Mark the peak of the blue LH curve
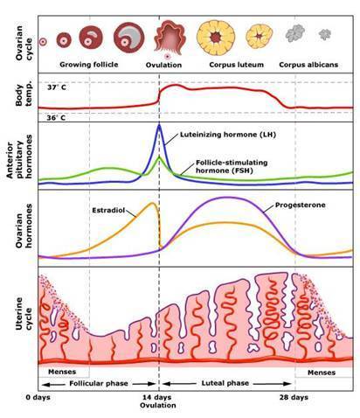pos(159,125)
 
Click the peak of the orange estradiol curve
pos(154,204)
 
